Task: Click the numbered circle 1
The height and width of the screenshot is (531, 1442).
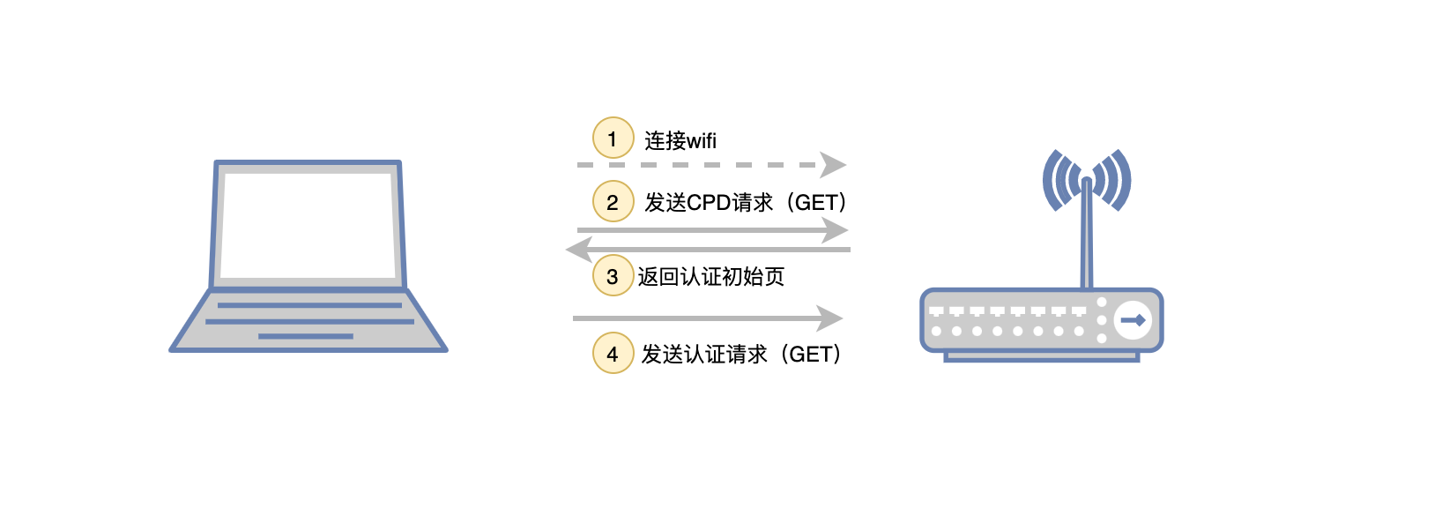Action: pos(613,138)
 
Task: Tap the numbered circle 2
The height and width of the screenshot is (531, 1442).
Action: pos(613,202)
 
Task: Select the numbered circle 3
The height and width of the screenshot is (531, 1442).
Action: pos(613,276)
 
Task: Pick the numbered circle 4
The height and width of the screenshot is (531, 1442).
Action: pos(613,354)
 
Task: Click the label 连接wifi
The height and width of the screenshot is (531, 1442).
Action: pos(680,140)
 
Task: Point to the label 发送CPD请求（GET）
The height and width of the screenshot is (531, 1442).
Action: pos(746,203)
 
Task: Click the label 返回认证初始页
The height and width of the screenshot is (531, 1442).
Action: pos(710,277)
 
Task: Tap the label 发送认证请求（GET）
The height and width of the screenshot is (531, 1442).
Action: pos(741,355)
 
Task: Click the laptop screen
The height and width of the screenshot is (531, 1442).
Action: pos(308,225)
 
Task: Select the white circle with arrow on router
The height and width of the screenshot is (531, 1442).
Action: pos(1133,320)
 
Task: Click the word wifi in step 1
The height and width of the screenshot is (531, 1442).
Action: pos(702,141)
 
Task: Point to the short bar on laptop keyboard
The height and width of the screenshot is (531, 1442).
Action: pos(305,336)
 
